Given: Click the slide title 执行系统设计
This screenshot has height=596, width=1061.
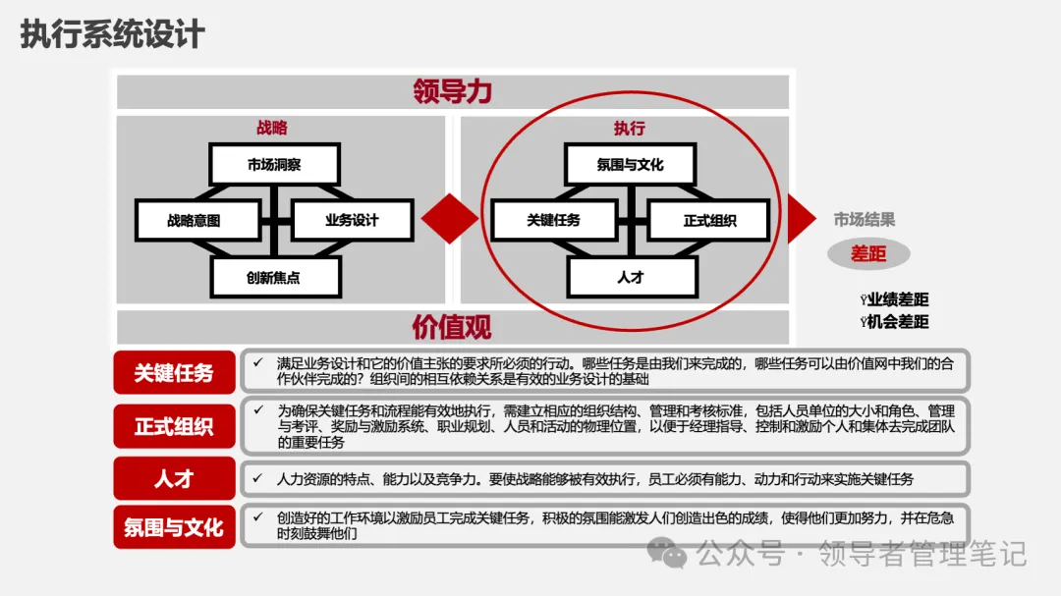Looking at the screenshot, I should pyautogui.click(x=113, y=34).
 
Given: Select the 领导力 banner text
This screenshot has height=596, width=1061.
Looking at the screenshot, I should pyautogui.click(x=453, y=91).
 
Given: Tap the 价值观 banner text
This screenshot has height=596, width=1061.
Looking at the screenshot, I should pyautogui.click(x=453, y=326).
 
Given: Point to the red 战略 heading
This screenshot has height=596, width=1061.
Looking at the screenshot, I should pyautogui.click(x=272, y=129).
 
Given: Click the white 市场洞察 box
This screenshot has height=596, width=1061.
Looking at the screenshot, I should pyautogui.click(x=274, y=165).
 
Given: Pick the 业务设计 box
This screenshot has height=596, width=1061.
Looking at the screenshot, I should pyautogui.click(x=352, y=221).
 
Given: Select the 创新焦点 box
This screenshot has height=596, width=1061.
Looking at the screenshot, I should pyautogui.click(x=274, y=278).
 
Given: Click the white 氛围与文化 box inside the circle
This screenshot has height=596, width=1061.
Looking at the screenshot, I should pyautogui.click(x=630, y=165).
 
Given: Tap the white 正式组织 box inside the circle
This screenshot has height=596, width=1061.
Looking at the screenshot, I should pyautogui.click(x=709, y=221).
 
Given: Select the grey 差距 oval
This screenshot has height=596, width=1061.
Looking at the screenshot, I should pyautogui.click(x=868, y=254).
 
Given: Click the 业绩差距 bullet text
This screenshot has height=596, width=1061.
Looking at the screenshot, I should pyautogui.click(x=896, y=300).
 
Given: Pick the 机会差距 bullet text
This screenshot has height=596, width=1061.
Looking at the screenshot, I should pyautogui.click(x=896, y=322).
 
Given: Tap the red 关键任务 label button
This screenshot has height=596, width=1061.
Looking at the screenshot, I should pyautogui.click(x=174, y=373).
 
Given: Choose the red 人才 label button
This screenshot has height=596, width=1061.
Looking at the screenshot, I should pyautogui.click(x=174, y=478).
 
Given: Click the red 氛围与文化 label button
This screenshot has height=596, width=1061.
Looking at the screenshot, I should pyautogui.click(x=174, y=527).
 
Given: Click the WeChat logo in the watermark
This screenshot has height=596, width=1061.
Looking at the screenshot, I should pyautogui.click(x=674, y=555).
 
